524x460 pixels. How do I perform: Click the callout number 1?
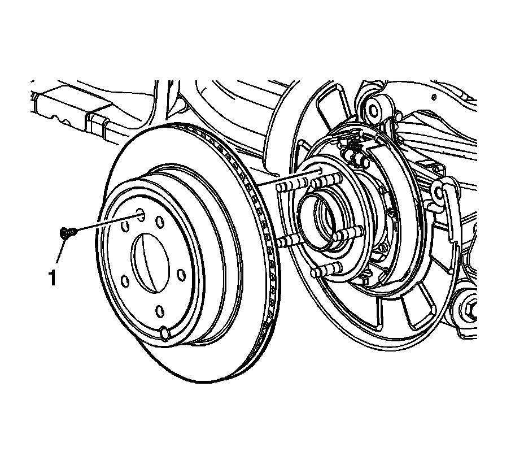coord(53,278)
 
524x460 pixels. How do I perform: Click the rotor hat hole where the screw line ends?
coord(139,215)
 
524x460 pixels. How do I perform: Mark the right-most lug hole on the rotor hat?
coord(181,275)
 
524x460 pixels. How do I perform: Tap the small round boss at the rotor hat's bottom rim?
coord(165,333)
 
